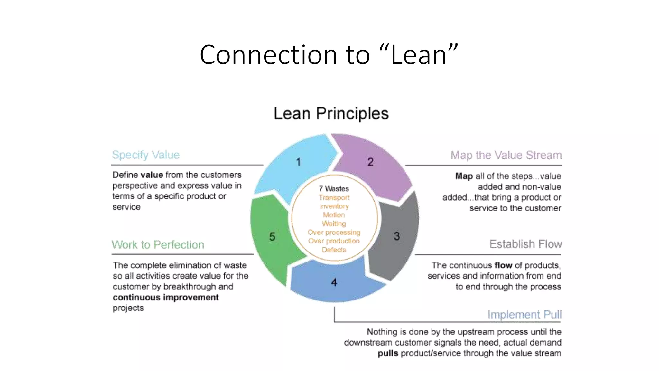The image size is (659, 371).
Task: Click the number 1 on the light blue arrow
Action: point(298,162)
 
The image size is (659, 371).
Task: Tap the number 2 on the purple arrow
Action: point(371,162)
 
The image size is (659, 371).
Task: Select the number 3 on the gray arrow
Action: point(397,236)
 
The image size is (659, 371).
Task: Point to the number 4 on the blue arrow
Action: point(334,283)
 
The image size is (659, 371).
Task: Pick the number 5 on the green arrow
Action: point(272,237)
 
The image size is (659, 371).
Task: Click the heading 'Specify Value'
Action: point(146,155)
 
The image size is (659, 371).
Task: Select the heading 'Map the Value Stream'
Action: point(506,155)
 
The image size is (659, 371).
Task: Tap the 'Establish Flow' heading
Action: point(525,244)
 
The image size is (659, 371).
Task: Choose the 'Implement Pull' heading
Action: point(524,314)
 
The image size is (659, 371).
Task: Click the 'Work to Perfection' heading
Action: point(158,245)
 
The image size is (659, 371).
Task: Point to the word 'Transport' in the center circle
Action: point(334,197)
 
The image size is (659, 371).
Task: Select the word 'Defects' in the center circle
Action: point(334,250)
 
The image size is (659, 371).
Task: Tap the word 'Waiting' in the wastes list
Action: point(334,224)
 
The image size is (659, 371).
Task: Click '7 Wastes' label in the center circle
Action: point(334,189)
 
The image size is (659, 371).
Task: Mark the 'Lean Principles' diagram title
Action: point(331,113)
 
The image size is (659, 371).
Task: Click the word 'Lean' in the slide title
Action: point(419,55)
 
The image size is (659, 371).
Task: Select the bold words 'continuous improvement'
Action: point(166,297)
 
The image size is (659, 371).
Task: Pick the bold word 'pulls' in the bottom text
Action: point(388,353)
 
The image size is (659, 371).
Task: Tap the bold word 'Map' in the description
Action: point(464,176)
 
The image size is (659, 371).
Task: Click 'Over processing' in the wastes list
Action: point(334,232)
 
